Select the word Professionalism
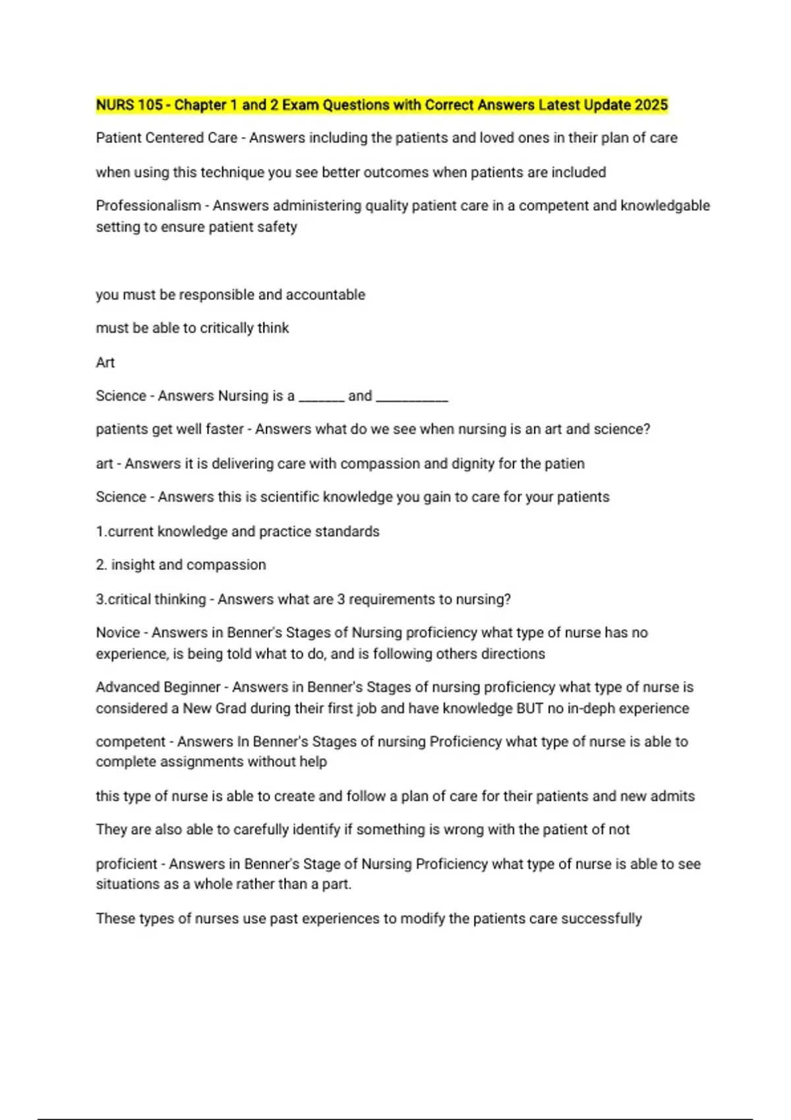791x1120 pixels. (x=148, y=206)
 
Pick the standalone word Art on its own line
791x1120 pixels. (x=105, y=362)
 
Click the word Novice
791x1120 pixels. (x=118, y=632)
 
